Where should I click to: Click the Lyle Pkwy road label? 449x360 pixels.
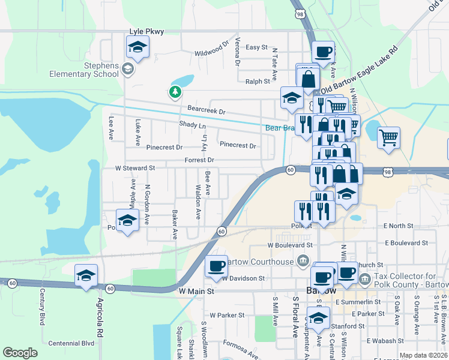[x=146, y=31]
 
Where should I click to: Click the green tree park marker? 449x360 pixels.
[x=174, y=92]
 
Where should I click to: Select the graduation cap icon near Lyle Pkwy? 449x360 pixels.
[x=137, y=48]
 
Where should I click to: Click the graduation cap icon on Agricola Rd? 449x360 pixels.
[x=86, y=276]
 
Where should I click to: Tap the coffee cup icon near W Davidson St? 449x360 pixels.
[x=216, y=267]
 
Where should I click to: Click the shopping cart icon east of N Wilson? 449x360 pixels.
[x=388, y=138]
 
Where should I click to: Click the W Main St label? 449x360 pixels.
[x=196, y=291]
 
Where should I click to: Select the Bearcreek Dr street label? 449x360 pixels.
[x=206, y=112]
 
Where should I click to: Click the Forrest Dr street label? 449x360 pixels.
[x=200, y=160]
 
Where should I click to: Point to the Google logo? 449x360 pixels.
[x=20, y=353]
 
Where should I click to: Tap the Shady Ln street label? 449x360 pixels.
[x=192, y=125]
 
